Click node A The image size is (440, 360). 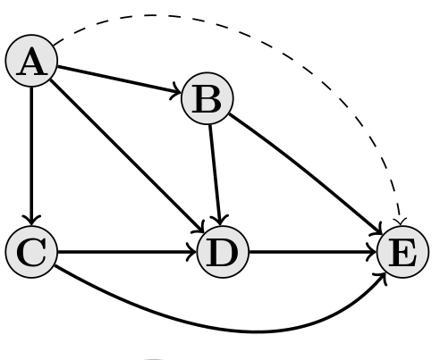coord(31,61)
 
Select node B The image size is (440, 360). coord(207,98)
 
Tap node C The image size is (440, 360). coord(31,252)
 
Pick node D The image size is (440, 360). coord(223,252)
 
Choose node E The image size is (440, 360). coord(403,252)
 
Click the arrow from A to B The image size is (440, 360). coord(119,80)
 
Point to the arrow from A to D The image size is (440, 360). coord(127,156)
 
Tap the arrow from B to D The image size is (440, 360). coord(216,175)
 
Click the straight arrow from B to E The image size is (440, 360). coord(306,175)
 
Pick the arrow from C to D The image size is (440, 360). coord(127,252)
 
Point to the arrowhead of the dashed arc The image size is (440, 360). coord(400,222)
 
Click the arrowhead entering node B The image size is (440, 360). coord(176,93)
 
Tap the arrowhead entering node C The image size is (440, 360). coord(31,221)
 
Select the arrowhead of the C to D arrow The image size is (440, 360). coord(192,252)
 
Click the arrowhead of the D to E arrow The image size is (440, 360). coord(372,252)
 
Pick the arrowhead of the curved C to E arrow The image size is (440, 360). coord(383,276)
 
